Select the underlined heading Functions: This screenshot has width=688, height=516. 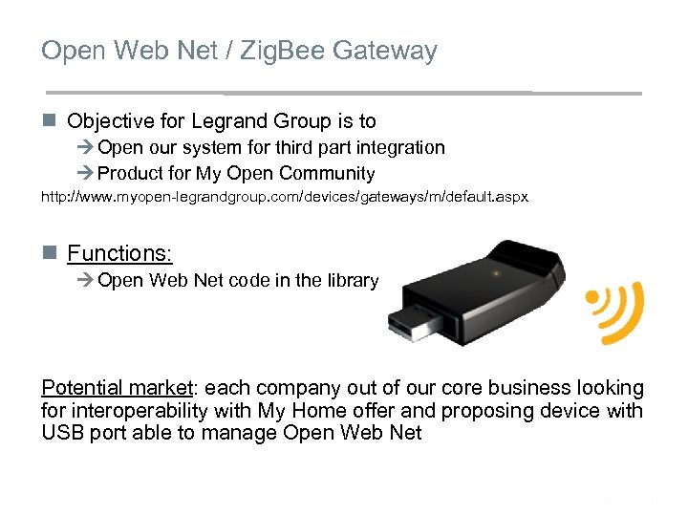pyautogui.click(x=119, y=253)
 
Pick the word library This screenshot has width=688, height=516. pyautogui.click(x=354, y=281)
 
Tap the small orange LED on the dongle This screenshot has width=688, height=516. pyautogui.click(x=495, y=272)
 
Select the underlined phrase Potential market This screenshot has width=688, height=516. pyautogui.click(x=116, y=388)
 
